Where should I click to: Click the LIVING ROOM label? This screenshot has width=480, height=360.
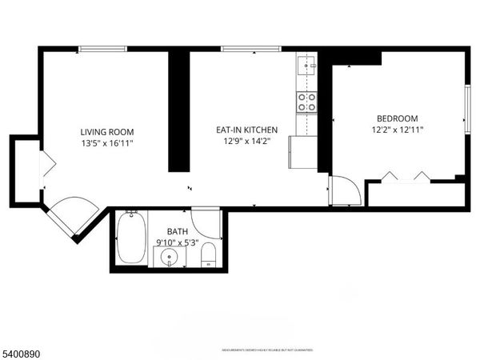tap(106, 132)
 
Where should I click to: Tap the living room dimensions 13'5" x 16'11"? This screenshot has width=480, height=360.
tap(106, 144)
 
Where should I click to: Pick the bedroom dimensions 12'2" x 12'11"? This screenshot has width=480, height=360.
tap(398, 130)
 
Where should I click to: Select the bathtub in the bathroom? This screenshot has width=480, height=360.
tap(130, 238)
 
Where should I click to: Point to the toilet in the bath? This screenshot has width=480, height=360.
tap(208, 255)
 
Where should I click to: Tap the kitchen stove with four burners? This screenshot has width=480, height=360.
tap(306, 102)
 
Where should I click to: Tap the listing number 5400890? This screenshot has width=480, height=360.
tap(22, 352)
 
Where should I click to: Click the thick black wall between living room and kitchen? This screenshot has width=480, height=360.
tap(178, 112)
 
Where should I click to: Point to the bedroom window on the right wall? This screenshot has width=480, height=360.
tap(467, 108)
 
